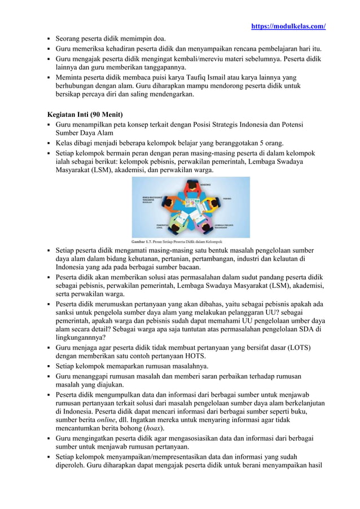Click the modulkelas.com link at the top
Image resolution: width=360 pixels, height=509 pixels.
(x=288, y=27)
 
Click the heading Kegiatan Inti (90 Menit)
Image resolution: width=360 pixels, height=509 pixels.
(x=85, y=115)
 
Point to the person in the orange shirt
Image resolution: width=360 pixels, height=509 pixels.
(x=168, y=201)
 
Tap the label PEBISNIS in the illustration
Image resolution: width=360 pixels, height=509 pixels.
(x=228, y=199)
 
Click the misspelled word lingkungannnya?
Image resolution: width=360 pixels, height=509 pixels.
(x=82, y=338)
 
